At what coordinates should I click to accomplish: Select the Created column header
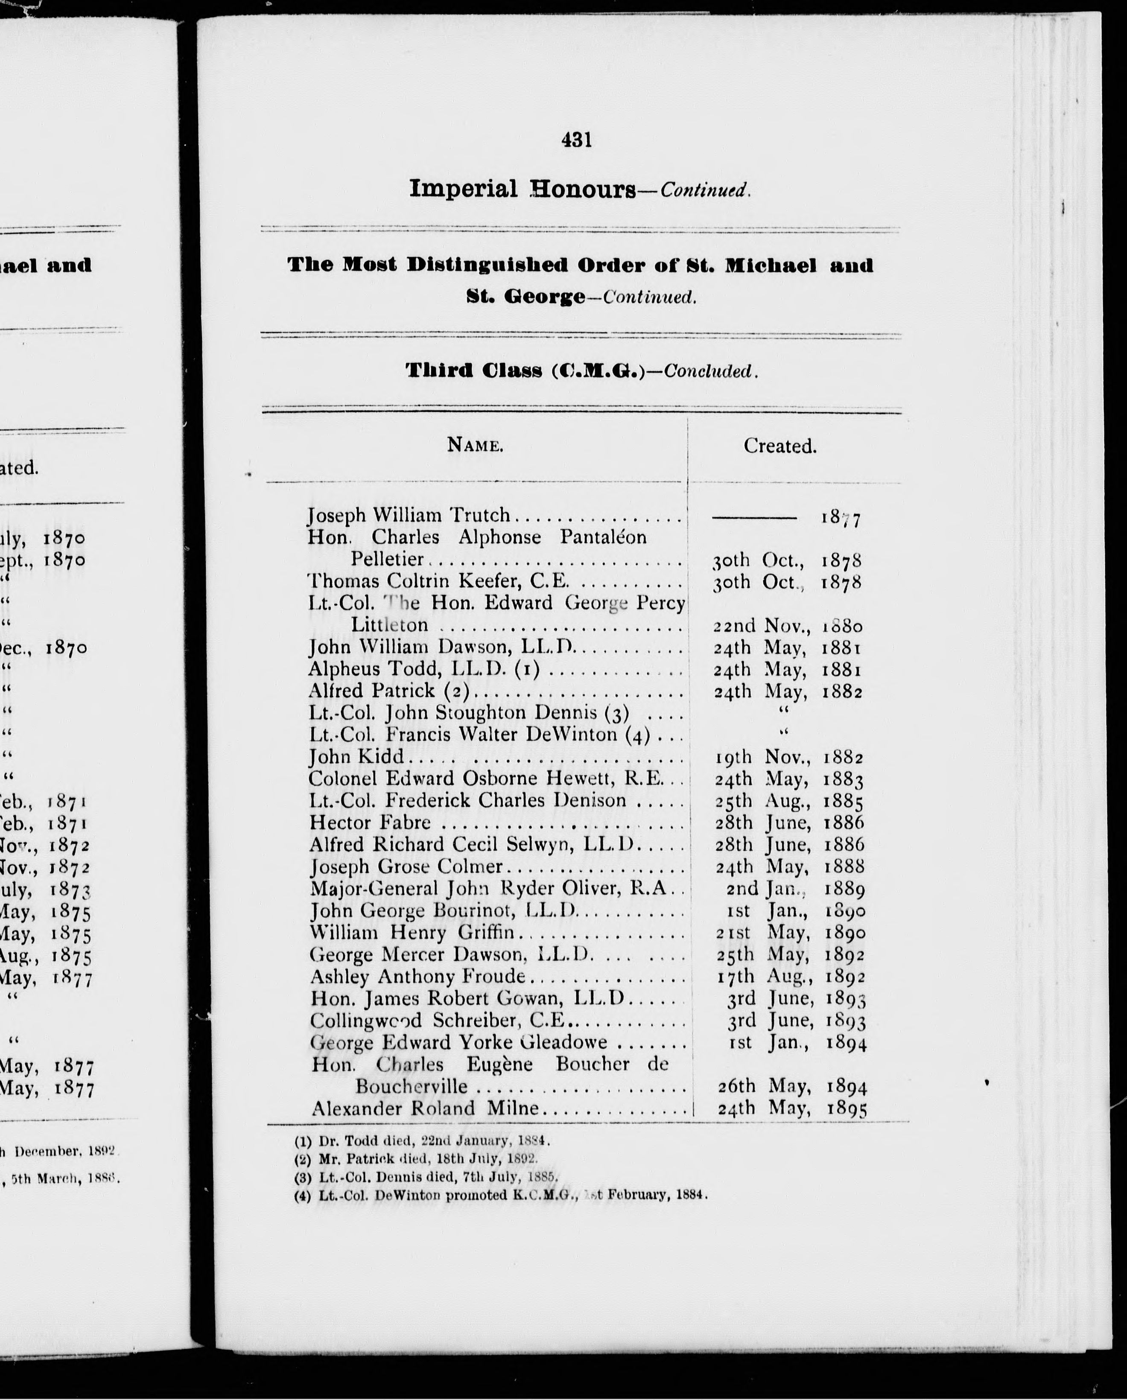coord(780,446)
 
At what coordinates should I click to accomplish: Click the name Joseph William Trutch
coord(409,516)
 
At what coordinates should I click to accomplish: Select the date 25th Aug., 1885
coord(788,801)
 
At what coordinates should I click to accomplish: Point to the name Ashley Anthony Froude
coord(417,977)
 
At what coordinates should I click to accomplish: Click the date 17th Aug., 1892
coord(789,977)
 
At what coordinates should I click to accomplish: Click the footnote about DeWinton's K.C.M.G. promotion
coord(500,1195)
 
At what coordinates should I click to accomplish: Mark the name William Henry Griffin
coord(412,933)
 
